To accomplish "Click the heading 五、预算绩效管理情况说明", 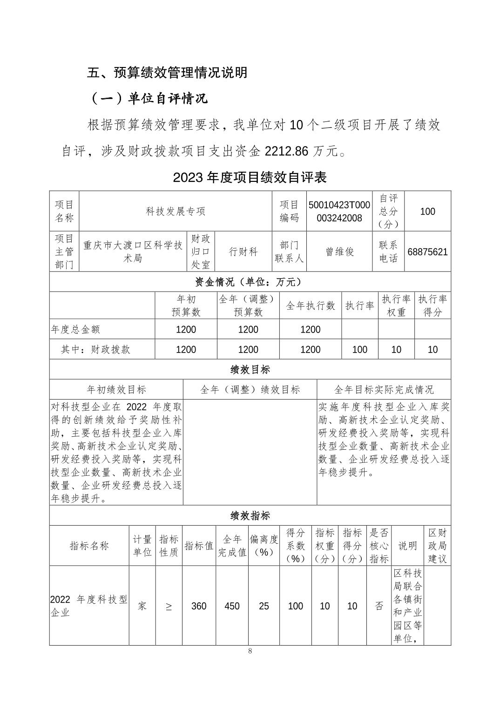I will click(167, 73).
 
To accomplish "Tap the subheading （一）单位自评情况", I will click(148, 99).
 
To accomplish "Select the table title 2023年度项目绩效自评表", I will click(250, 177).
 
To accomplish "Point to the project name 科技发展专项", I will click(176, 211).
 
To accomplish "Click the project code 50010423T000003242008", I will click(339, 211).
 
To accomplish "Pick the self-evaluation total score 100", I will click(427, 212).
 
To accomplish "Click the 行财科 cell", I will click(243, 252).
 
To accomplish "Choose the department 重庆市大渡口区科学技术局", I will click(133, 252).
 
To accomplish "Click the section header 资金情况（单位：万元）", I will click(250, 282).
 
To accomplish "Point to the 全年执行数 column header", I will click(310, 306).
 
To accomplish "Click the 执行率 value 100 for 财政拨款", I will click(359, 349).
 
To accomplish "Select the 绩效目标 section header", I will click(250, 370).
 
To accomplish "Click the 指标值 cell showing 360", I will click(199, 606).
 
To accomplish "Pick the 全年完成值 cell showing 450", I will click(232, 606).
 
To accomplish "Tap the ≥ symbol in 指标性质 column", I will click(169, 607).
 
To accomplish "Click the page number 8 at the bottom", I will click(250, 651).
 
